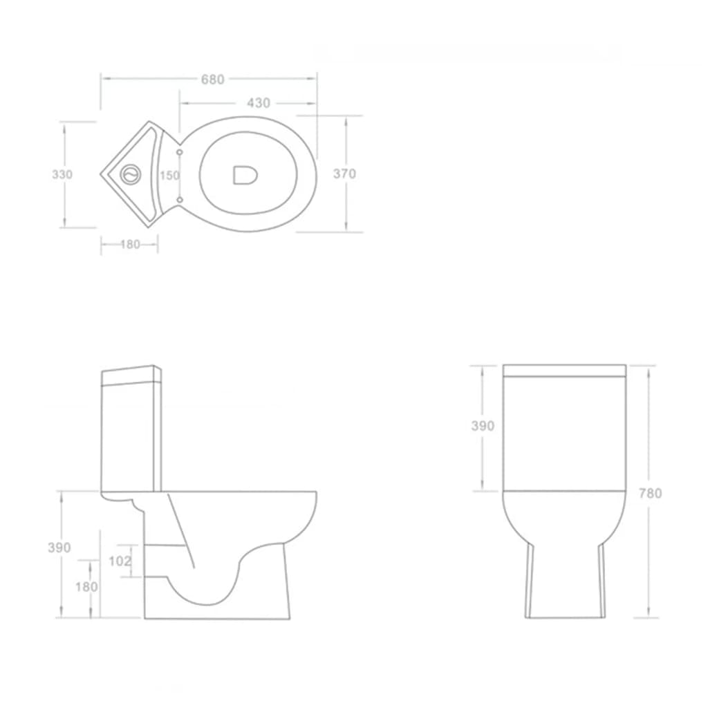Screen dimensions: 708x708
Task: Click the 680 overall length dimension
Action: [213, 80]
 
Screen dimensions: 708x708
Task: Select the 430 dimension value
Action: [258, 103]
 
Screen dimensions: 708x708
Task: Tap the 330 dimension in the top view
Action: [62, 174]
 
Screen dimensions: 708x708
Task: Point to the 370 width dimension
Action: [344, 174]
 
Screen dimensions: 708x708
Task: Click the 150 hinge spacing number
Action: [169, 175]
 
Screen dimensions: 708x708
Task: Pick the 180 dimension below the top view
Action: [129, 244]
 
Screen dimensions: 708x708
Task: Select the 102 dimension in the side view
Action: [120, 561]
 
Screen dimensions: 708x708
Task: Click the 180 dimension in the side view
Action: [86, 587]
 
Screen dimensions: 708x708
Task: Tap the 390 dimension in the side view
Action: [59, 548]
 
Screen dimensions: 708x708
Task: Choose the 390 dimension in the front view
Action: [483, 426]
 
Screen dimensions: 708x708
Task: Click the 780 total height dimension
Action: [650, 493]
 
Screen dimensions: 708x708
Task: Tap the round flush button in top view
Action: [129, 174]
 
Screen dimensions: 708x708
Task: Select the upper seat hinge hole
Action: [180, 150]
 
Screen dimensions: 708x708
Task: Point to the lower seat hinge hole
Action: [180, 200]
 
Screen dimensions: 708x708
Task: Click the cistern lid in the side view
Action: [131, 375]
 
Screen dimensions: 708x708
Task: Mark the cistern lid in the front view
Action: [564, 371]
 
